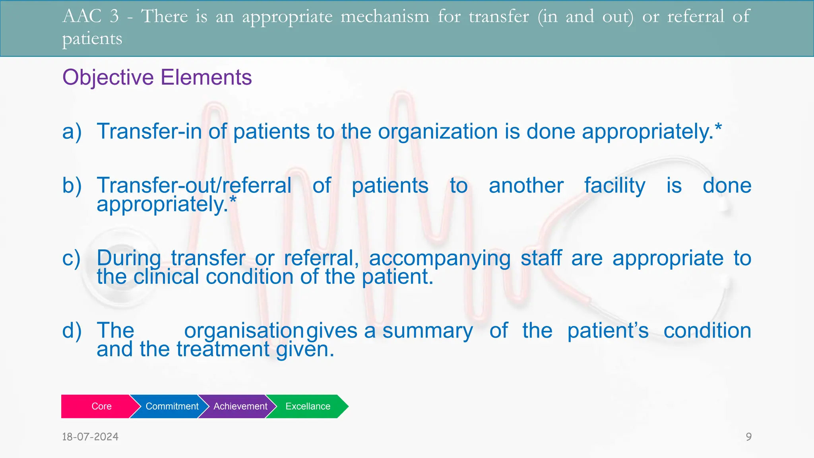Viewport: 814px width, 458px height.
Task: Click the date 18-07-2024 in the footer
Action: (x=90, y=437)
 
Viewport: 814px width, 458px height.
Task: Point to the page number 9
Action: (x=748, y=437)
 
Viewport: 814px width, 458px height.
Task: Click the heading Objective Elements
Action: (x=157, y=77)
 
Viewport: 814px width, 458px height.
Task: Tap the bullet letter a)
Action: (x=72, y=132)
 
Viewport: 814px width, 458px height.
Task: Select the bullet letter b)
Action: (x=72, y=186)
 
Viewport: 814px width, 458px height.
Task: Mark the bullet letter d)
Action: (x=72, y=331)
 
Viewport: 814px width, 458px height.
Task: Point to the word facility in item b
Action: (x=614, y=186)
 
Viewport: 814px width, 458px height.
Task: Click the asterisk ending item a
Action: (x=718, y=128)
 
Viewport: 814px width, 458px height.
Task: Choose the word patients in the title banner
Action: (x=92, y=39)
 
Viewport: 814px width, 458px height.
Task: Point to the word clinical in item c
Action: (x=166, y=277)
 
